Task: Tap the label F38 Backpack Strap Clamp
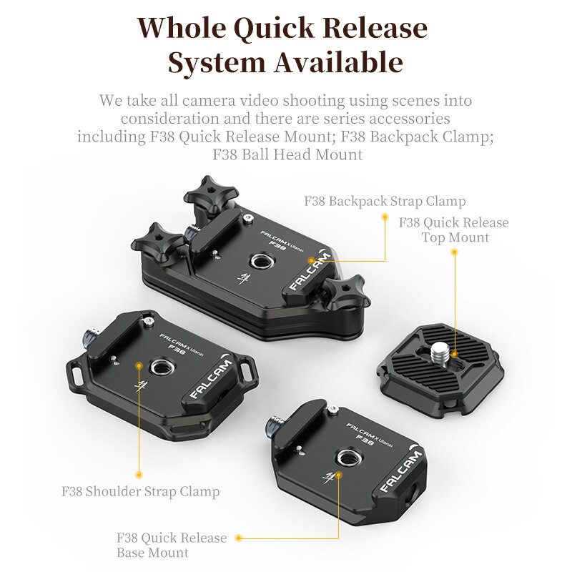385,201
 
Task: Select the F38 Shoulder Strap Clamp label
140,492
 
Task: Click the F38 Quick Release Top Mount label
454,230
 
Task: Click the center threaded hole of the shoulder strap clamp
158,368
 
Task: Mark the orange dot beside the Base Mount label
239,538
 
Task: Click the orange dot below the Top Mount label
454,251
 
